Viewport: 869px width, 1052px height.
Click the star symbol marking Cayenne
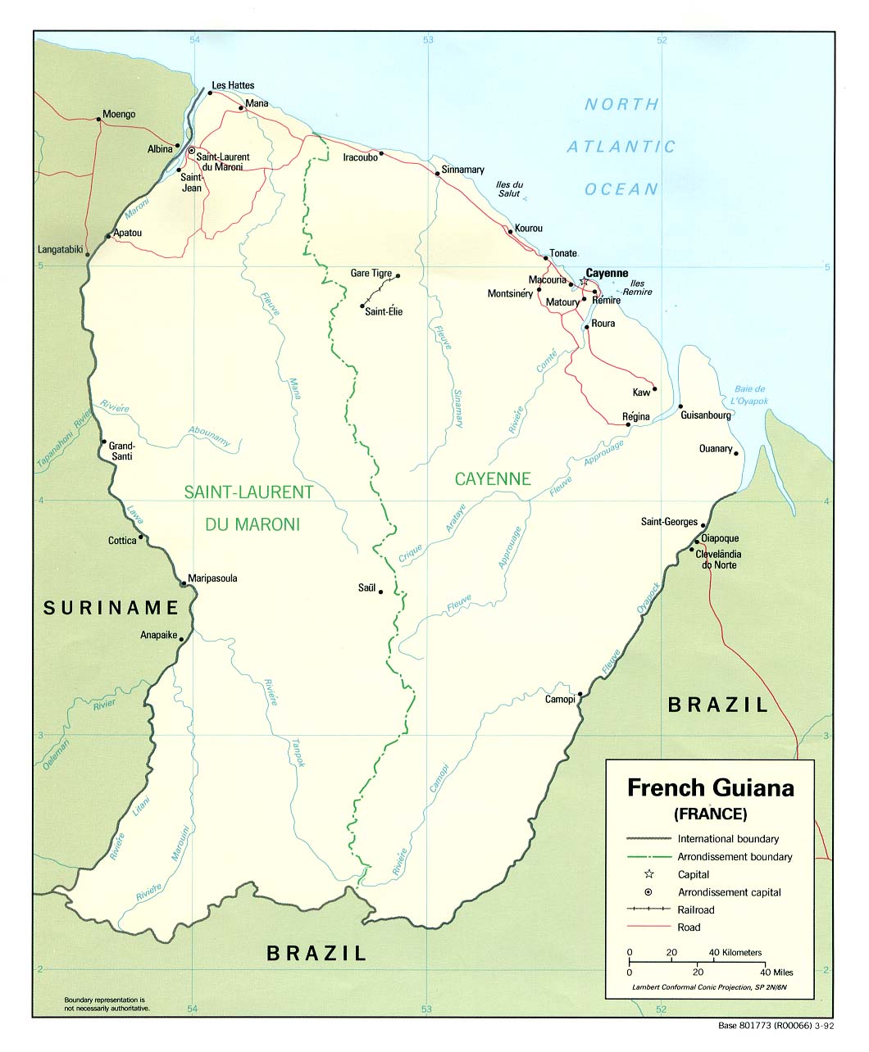tap(584, 282)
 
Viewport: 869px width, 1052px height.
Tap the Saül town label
tap(366, 587)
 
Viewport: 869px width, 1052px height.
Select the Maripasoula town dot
tap(183, 584)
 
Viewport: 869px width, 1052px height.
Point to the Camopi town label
tap(561, 699)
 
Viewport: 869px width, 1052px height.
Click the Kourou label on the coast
tap(528, 229)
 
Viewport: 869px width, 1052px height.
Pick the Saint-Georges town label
tap(669, 522)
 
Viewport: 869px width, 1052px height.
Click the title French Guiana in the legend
tap(710, 788)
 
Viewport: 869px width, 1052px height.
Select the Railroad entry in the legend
tap(695, 909)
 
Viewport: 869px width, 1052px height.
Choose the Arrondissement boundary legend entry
tap(735, 856)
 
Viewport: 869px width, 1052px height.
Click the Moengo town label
tap(119, 115)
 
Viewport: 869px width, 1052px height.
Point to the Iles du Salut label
tap(509, 189)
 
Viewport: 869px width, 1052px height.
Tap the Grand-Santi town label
tap(121, 451)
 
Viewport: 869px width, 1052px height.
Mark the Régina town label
tap(635, 417)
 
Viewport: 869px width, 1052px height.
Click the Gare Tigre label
tap(371, 274)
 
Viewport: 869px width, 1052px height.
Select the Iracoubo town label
tap(360, 157)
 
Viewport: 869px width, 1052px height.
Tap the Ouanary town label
tap(715, 448)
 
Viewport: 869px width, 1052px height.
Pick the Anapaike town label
tap(159, 634)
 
